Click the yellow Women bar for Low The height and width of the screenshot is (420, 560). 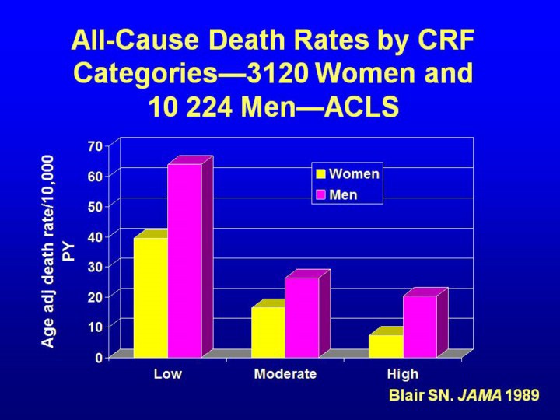(150, 297)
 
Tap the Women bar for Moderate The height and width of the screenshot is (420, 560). (268, 332)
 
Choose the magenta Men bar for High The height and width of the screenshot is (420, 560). (420, 326)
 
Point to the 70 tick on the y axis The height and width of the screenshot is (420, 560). (95, 145)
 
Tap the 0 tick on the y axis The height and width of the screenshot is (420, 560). (99, 357)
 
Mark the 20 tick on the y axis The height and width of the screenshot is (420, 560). (95, 296)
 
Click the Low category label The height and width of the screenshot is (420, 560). (167, 374)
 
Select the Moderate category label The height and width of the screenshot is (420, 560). (285, 374)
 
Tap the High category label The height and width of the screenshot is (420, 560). (403, 374)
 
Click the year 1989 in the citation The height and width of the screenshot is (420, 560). (522, 395)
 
